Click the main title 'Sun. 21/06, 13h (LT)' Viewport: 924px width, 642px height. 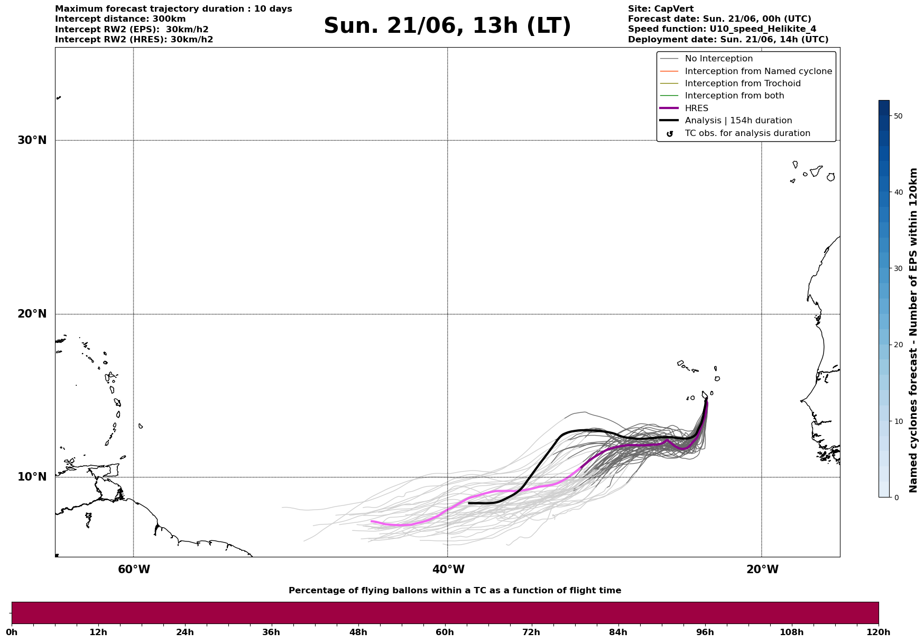click(x=447, y=26)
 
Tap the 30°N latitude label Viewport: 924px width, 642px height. click(x=32, y=140)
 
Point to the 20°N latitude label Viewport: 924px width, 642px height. click(x=32, y=314)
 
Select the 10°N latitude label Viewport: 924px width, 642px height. click(x=32, y=477)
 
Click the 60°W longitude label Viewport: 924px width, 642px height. click(x=134, y=569)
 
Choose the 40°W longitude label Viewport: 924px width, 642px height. click(x=448, y=569)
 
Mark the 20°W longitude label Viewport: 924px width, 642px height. click(x=762, y=569)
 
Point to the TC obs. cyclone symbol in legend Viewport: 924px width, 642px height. click(x=670, y=134)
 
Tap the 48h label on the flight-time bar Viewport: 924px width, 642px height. click(x=358, y=632)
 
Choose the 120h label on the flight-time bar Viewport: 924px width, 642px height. click(x=878, y=632)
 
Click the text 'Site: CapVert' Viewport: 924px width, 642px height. click(x=661, y=9)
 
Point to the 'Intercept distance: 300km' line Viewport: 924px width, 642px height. click(x=121, y=19)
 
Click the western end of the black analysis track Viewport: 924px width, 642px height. click(x=469, y=503)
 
